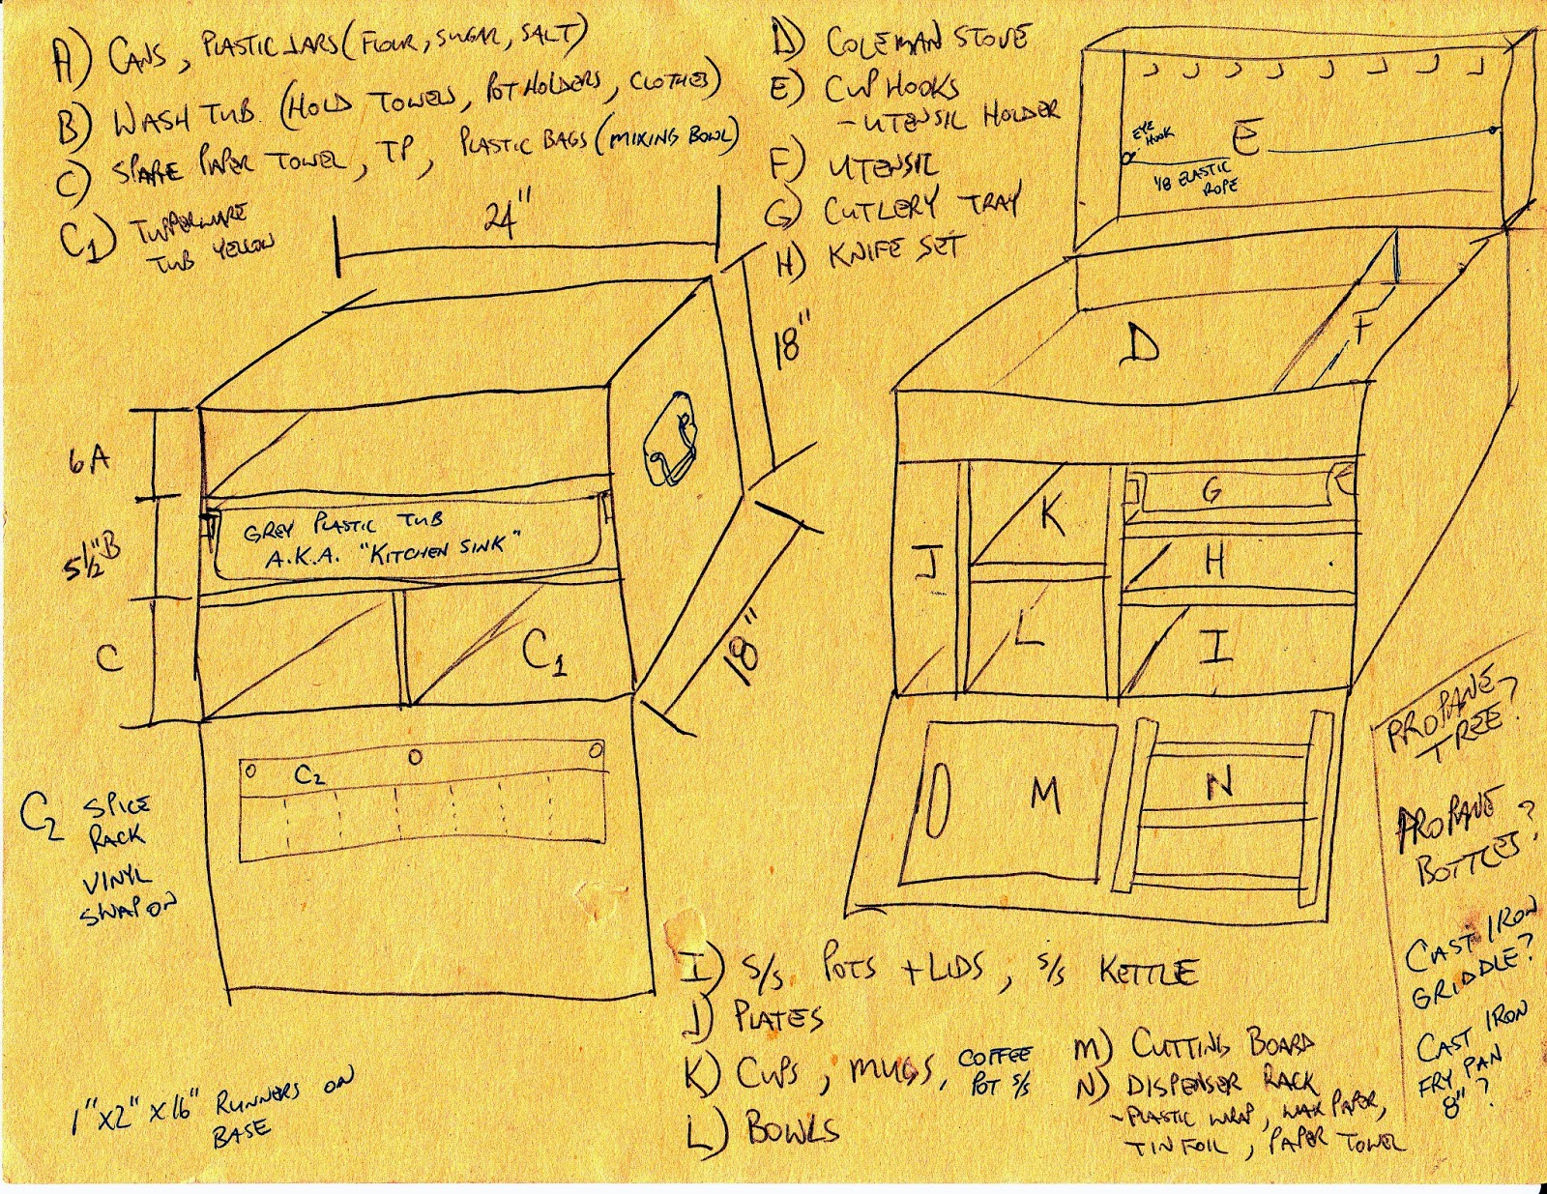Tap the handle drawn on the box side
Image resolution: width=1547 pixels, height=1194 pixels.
coord(670,441)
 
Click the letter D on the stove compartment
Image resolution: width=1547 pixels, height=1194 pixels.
coord(1141,344)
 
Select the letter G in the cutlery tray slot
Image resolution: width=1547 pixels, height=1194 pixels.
coord(1211,491)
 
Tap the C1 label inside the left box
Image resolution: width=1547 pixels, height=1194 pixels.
coord(544,654)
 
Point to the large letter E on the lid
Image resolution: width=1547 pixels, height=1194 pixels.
coord(1247,140)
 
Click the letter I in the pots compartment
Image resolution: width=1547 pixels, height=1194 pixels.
coord(1215,645)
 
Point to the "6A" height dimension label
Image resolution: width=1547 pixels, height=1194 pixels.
coord(89,461)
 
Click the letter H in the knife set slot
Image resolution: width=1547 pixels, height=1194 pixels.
coord(1215,561)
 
